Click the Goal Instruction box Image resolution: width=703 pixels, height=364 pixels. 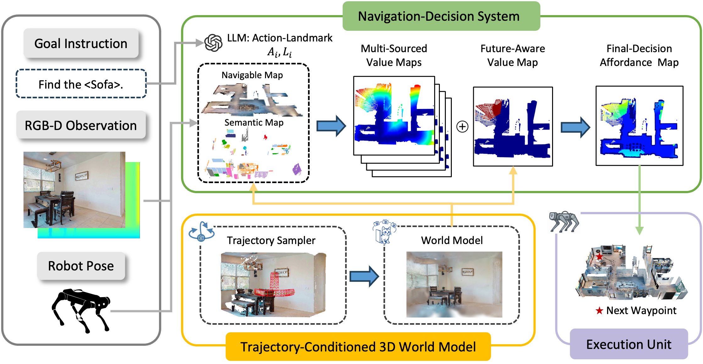coord(81,43)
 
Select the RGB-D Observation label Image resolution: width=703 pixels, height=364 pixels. coord(81,125)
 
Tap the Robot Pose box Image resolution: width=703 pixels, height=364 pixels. coord(81,266)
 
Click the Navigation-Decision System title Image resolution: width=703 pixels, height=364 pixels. coord(441,16)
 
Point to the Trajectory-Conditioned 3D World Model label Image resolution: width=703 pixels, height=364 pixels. coord(358,347)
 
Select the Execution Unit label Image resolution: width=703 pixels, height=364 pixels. coord(629,344)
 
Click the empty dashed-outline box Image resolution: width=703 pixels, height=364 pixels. coord(81,84)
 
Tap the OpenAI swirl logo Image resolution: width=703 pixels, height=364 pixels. coord(213,43)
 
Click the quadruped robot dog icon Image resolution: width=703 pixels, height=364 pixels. coord(564,222)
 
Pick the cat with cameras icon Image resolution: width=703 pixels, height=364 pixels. coord(385,231)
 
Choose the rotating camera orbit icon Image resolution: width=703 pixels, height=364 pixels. coord(201,232)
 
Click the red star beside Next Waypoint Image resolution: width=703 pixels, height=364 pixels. coord(599,311)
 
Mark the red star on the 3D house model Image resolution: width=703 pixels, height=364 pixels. coord(600,257)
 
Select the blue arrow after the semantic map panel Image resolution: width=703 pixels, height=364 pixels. coord(331,126)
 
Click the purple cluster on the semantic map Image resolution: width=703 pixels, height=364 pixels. coord(297,170)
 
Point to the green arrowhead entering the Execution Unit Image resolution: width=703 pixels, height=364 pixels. coord(639,231)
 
